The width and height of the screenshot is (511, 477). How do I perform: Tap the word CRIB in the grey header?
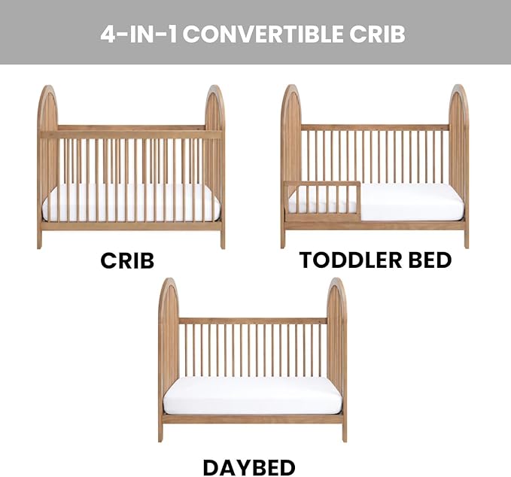[x=379, y=34]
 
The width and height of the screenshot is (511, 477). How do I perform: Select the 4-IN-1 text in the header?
[x=139, y=34]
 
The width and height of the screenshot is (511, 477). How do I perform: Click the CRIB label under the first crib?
[x=127, y=260]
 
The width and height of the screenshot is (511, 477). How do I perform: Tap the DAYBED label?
[x=249, y=466]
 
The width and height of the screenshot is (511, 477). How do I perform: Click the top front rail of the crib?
[x=131, y=135]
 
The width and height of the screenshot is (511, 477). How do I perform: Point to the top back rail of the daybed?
[x=252, y=321]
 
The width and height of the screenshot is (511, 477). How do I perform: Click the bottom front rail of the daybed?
[x=252, y=418]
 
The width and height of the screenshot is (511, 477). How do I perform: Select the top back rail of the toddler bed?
[x=374, y=127]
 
